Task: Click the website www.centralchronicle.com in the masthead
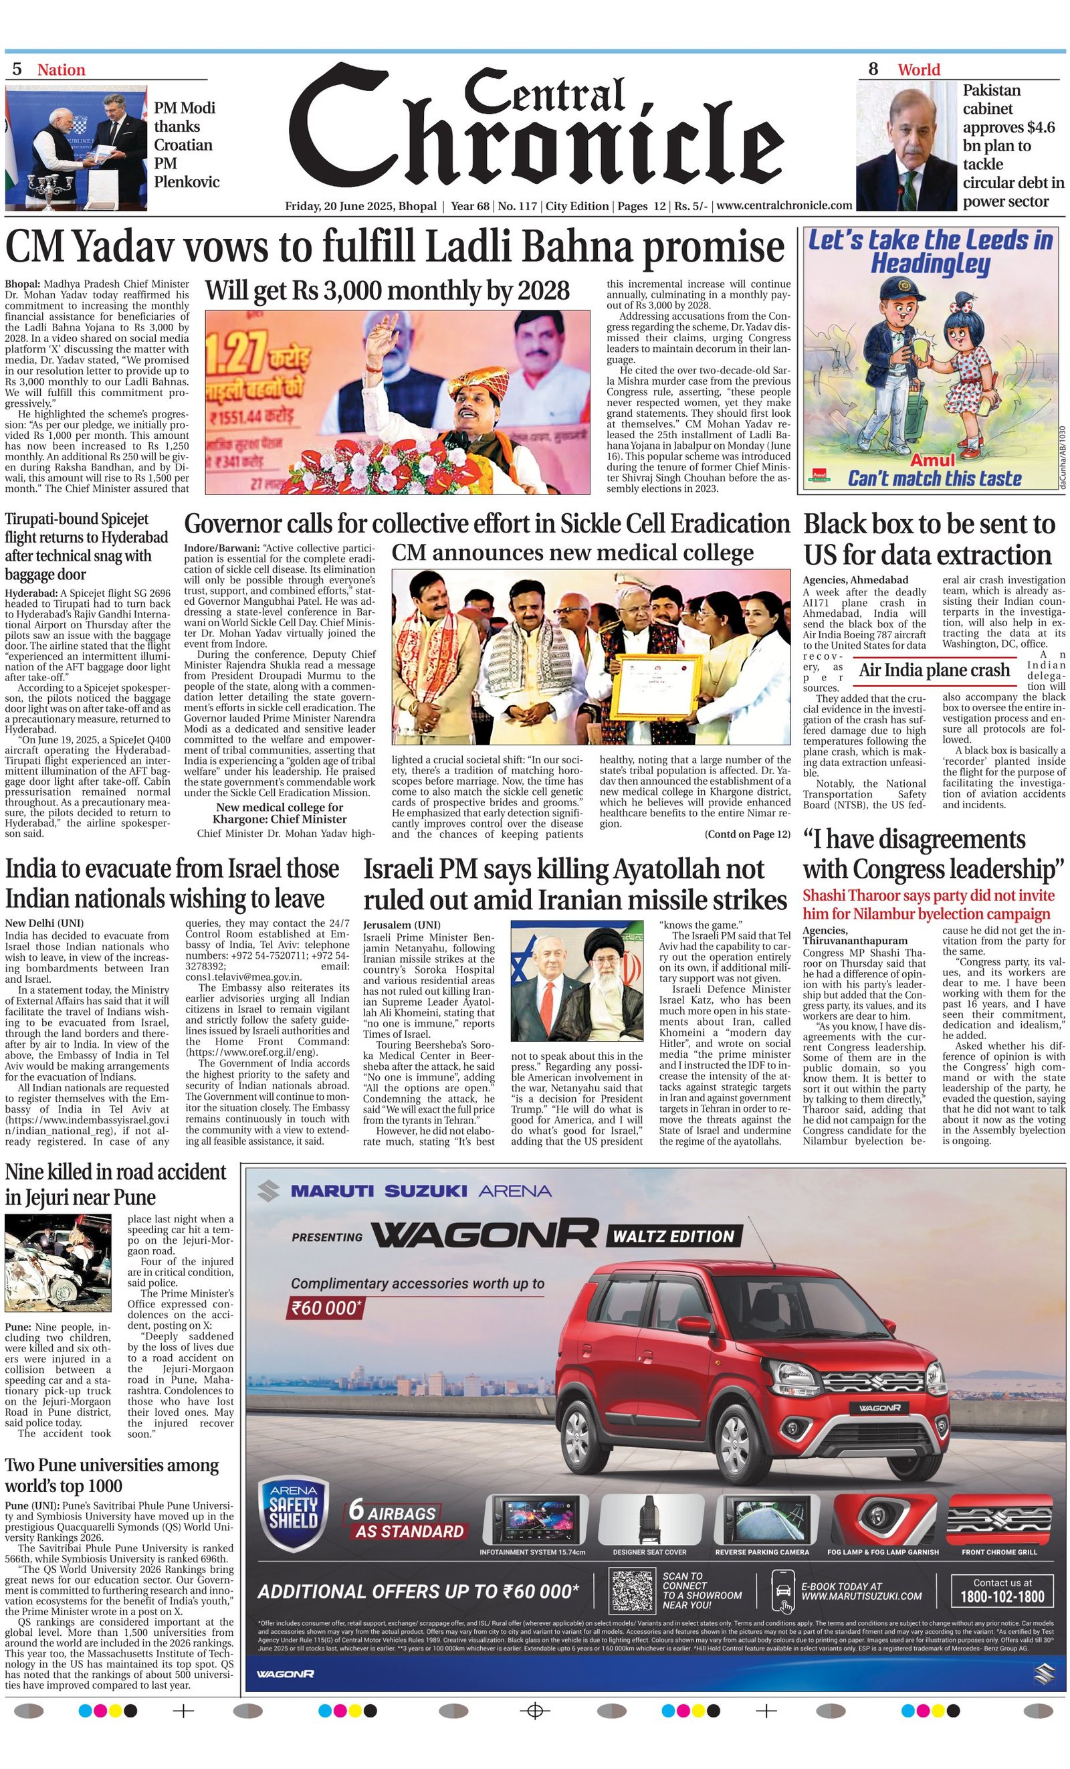(784, 206)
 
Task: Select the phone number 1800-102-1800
(1002, 1596)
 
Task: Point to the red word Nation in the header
(61, 70)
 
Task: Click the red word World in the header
(919, 70)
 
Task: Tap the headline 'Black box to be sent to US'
(929, 539)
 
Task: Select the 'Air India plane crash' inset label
(934, 670)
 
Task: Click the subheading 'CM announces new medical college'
(572, 553)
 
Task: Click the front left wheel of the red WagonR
(738, 1429)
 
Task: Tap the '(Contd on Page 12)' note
(747, 834)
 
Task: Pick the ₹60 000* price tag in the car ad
(324, 1307)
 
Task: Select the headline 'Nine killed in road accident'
(116, 1184)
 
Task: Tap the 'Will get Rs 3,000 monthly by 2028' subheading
(387, 291)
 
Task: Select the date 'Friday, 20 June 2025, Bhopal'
(360, 206)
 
